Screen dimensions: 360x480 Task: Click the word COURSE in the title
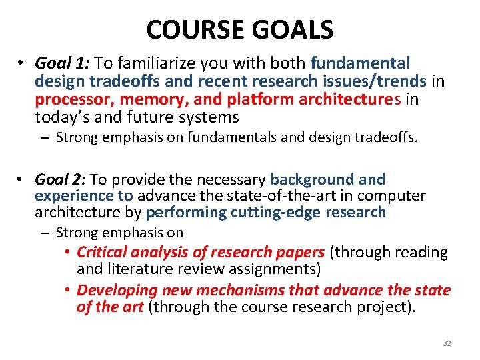196,29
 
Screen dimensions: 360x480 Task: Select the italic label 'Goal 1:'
63,63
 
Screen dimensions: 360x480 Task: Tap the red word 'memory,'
145,100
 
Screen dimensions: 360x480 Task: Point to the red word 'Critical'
102,252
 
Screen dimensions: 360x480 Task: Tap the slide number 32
447,343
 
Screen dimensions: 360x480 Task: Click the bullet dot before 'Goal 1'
21,64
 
